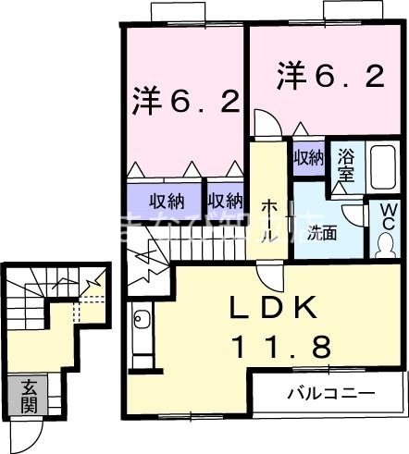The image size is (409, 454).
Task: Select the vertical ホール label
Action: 268,218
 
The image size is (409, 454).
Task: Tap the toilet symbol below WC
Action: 385,246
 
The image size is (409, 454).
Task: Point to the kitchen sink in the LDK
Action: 142,321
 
